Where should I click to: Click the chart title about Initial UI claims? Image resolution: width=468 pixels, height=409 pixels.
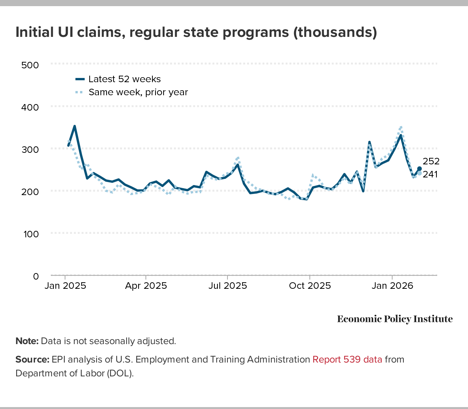point(196,32)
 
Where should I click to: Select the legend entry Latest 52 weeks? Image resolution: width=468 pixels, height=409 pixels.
point(124,79)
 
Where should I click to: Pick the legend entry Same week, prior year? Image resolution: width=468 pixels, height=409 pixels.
point(138,92)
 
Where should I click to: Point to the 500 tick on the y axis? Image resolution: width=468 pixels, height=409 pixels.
point(30,65)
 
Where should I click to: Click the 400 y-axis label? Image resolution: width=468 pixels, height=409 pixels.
point(30,107)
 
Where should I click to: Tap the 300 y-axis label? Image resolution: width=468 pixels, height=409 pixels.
point(30,149)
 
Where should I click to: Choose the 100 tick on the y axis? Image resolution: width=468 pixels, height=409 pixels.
point(30,234)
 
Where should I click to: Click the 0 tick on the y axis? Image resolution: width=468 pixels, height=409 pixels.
point(36,276)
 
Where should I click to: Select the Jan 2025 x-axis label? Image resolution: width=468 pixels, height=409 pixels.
point(65,286)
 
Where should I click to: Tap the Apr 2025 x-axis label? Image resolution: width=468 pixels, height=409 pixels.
point(146,286)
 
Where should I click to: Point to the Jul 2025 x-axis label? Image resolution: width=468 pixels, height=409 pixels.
point(228,286)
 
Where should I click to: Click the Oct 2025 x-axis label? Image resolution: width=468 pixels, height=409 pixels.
point(310,286)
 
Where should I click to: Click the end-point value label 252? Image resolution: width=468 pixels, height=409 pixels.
point(431,161)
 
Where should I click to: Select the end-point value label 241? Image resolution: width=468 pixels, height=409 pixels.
point(430,174)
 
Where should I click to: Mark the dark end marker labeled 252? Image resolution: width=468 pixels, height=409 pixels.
point(420,169)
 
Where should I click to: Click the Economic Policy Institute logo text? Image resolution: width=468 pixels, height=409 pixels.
point(395,319)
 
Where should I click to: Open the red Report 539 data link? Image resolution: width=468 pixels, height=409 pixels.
point(347,359)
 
